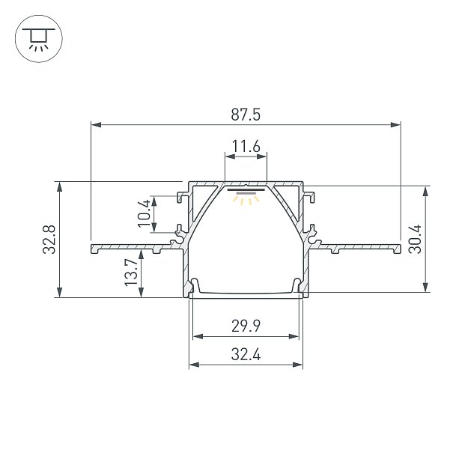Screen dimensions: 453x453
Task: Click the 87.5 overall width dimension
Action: point(246,115)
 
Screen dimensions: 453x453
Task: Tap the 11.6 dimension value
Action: point(246,147)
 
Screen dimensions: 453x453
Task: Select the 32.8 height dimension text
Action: point(49,240)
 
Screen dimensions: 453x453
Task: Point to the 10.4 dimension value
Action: point(145,213)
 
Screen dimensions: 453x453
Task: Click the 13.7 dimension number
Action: point(131,273)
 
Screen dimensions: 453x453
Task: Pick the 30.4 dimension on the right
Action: point(415,239)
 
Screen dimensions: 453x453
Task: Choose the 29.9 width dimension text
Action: point(246,326)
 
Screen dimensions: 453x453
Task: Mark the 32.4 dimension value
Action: point(246,354)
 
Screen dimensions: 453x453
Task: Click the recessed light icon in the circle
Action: point(38,38)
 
